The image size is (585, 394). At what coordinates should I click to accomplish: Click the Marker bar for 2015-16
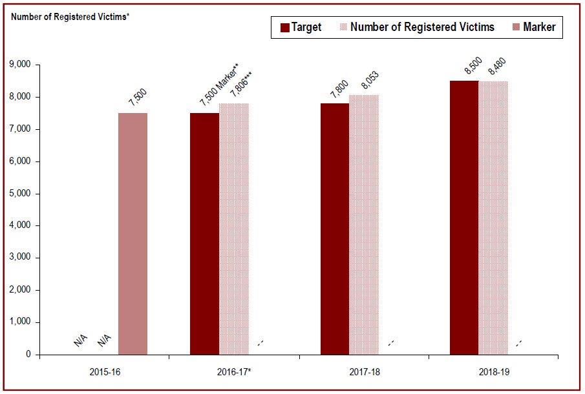[x=133, y=234]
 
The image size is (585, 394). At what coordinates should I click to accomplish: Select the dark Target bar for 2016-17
[x=204, y=234]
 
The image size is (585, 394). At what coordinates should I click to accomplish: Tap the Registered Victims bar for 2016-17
[x=233, y=229]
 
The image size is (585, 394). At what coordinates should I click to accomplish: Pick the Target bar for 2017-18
[x=335, y=229]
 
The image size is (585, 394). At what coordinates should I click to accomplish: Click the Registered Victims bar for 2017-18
[x=364, y=225]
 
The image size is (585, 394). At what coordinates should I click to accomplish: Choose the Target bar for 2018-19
[x=464, y=218]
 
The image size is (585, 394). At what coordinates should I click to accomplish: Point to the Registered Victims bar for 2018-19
[x=493, y=218]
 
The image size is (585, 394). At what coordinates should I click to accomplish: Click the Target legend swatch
[x=284, y=27]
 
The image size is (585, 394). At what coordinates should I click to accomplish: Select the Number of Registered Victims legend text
[x=422, y=27]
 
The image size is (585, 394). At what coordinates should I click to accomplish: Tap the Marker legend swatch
[x=515, y=27]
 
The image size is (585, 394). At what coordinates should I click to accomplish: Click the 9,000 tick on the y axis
[x=20, y=65]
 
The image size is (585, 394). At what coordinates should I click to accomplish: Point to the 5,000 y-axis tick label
[x=20, y=193]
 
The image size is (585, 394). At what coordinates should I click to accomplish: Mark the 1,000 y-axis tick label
[x=20, y=322]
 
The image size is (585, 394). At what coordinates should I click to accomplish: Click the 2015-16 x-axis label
[x=103, y=373]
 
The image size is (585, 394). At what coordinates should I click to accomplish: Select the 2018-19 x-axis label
[x=493, y=373]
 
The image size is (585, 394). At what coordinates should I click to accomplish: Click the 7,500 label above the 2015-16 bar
[x=138, y=101]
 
